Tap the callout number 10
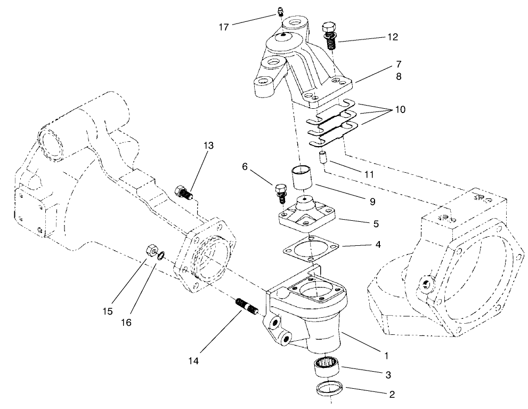(400, 110)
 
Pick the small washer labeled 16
(161, 255)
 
